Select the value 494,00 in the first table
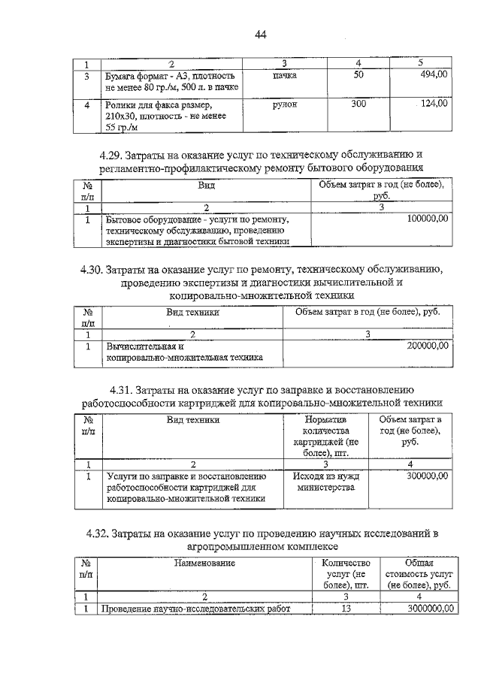[434, 74]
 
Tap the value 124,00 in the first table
[434, 104]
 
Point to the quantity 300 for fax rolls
[358, 104]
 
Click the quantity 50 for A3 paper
[358, 74]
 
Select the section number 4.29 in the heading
[110, 155]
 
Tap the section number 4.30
[92, 268]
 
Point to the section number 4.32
[98, 533]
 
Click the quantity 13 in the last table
[346, 609]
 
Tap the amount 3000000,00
[424, 609]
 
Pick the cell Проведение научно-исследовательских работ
[195, 609]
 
